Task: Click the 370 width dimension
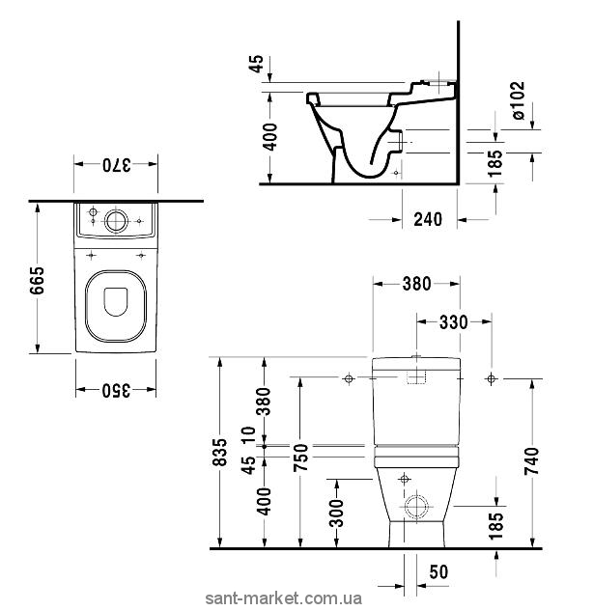click(116, 165)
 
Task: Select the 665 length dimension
click(38, 281)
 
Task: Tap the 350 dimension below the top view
click(116, 390)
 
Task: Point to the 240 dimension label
click(428, 219)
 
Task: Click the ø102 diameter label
click(518, 100)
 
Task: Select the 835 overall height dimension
click(220, 452)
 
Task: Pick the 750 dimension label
click(300, 458)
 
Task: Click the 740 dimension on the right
click(531, 461)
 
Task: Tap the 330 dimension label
click(453, 322)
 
